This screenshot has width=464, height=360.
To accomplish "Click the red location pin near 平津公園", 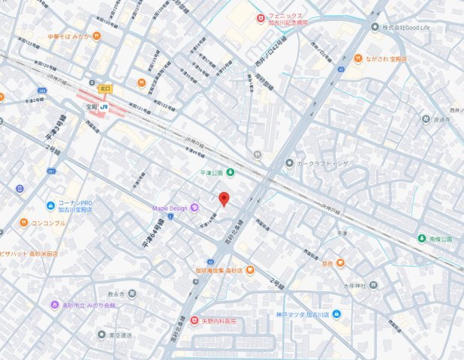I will [x=223, y=199].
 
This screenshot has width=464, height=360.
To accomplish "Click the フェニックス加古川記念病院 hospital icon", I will [x=260, y=18].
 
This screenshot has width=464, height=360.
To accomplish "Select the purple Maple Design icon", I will [x=194, y=207].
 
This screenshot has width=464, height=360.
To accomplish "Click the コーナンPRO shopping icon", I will [x=50, y=204].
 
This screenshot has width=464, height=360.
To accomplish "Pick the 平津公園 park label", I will [x=212, y=172].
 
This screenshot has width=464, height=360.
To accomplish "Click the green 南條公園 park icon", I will [x=422, y=238].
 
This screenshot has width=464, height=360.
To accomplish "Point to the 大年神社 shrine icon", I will [x=374, y=286].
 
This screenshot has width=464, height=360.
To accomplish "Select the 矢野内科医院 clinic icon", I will [x=194, y=320].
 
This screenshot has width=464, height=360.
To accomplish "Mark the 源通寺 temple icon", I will [x=426, y=119].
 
